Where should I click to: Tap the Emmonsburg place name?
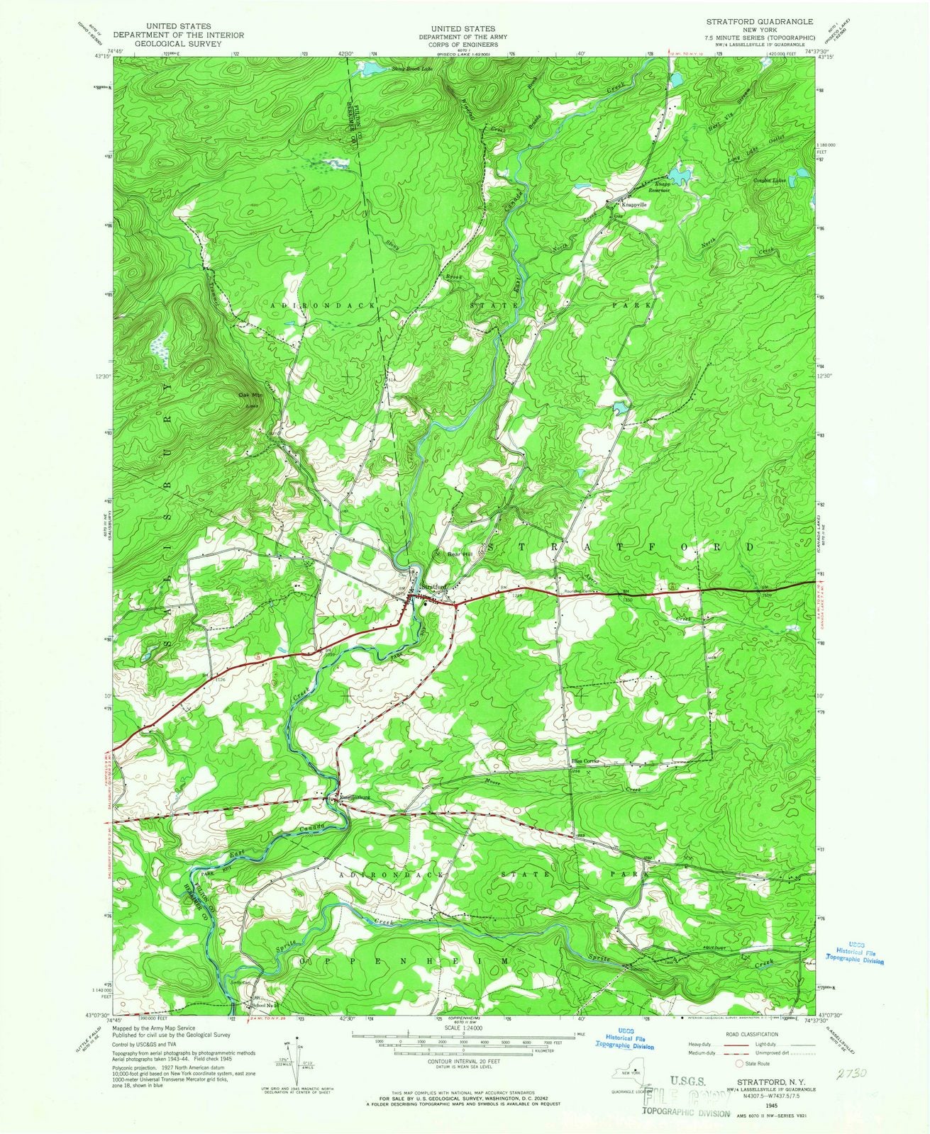tap(355, 797)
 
